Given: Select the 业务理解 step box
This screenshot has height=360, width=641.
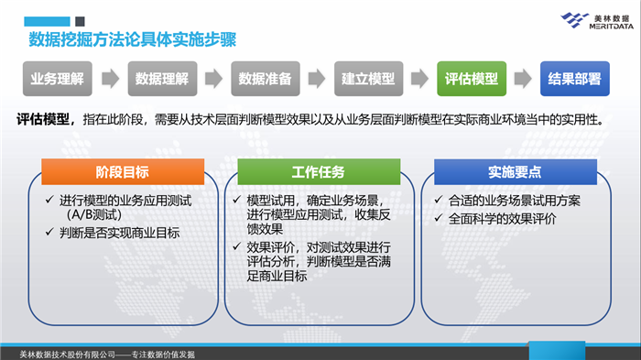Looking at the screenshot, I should point(57,79).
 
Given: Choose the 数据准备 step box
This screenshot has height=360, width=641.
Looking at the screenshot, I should point(265,79).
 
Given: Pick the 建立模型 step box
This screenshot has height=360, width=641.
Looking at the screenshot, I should point(368,79).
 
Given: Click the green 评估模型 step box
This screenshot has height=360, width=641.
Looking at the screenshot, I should point(471,79).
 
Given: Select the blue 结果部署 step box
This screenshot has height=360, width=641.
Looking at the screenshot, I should point(574,79).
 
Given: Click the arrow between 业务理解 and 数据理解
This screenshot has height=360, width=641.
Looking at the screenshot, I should point(109,79).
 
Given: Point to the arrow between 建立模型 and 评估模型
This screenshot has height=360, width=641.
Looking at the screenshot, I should point(419,79).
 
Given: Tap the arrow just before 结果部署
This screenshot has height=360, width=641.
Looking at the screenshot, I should point(523,79).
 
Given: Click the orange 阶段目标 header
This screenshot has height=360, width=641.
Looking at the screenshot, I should point(122,172).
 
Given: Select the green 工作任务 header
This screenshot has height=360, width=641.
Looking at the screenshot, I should point(318,172).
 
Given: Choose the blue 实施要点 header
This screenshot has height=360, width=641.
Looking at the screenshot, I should point(515,172).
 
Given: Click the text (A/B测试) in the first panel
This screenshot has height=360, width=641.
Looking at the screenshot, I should point(94,215).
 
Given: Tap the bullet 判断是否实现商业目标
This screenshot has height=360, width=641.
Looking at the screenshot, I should point(118,233).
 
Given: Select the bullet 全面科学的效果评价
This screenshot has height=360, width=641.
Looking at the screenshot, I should point(503,218).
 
